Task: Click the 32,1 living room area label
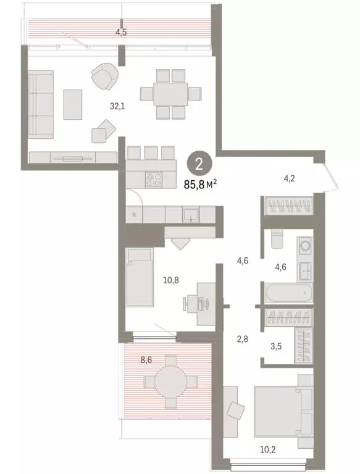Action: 118,106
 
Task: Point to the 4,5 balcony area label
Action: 121,33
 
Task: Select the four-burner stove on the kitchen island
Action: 154,180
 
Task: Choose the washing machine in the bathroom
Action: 304,246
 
